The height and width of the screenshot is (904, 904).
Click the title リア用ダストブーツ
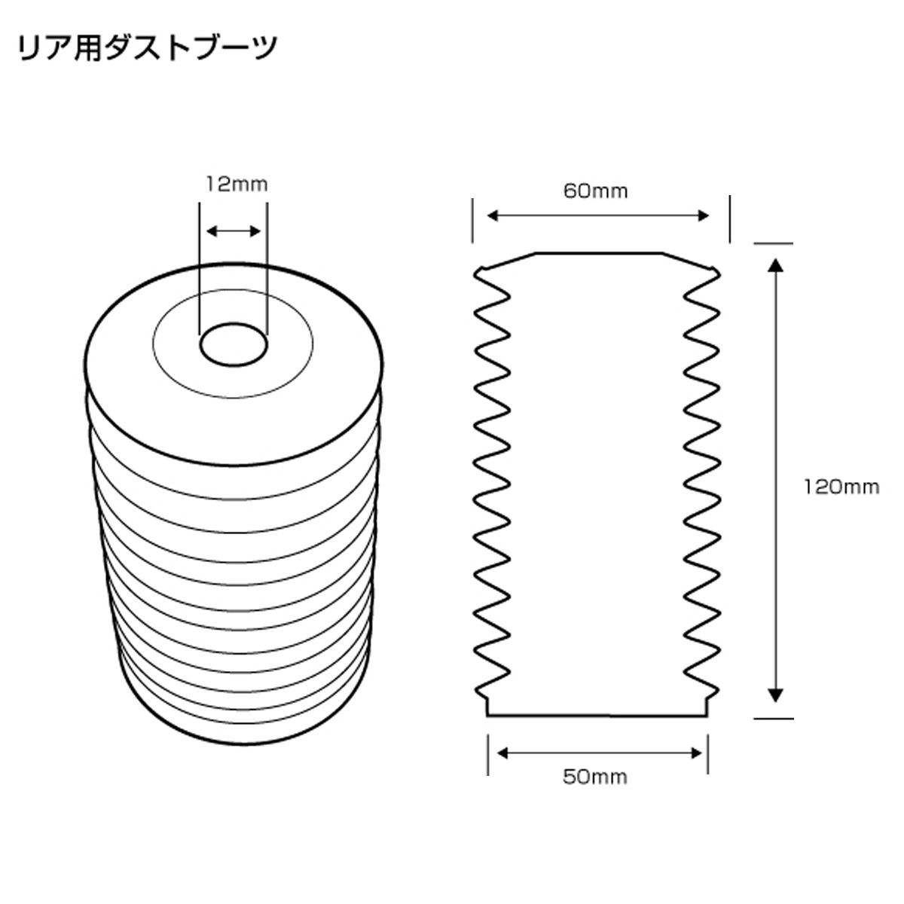147,48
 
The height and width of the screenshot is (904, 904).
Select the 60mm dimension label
595,191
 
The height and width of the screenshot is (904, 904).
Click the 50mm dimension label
595,776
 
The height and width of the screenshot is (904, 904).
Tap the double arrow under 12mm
234,231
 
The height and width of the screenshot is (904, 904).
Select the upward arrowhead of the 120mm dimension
774,264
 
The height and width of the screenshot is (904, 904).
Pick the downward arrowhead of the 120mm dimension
774,695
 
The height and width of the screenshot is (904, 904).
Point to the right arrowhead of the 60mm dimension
704,216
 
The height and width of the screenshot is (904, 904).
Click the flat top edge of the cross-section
599,253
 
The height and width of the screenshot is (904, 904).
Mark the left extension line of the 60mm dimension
473,220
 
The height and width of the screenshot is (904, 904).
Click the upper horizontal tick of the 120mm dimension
773,243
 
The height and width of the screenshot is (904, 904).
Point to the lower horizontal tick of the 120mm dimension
773,718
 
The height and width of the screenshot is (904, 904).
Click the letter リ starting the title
28,48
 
